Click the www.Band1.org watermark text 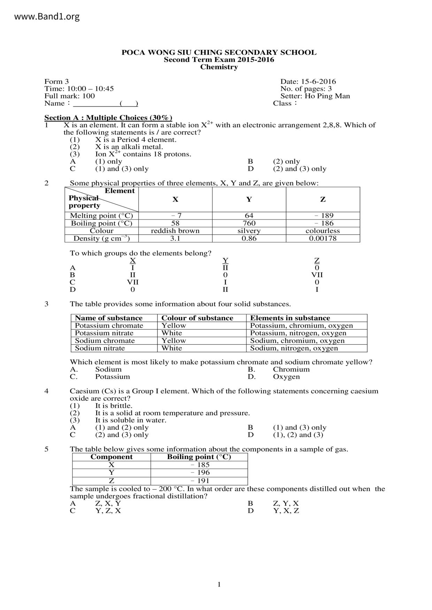[x=47, y=16]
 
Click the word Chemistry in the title [x=219, y=67]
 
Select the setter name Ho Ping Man [x=327, y=96]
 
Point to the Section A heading [x=108, y=118]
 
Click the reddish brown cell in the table [x=175, y=231]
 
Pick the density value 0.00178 [x=323, y=239]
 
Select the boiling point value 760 [x=249, y=223]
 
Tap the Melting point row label [x=101, y=216]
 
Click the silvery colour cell [x=249, y=231]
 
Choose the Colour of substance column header [x=197, y=318]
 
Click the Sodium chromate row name [x=105, y=341]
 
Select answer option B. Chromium [x=291, y=369]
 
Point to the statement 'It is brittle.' [x=114, y=406]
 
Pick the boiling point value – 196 [x=200, y=473]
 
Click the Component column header [x=111, y=457]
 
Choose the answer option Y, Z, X [x=108, y=511]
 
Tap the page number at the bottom [x=219, y=585]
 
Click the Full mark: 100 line [x=70, y=96]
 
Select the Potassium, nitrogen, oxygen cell [x=298, y=333]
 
